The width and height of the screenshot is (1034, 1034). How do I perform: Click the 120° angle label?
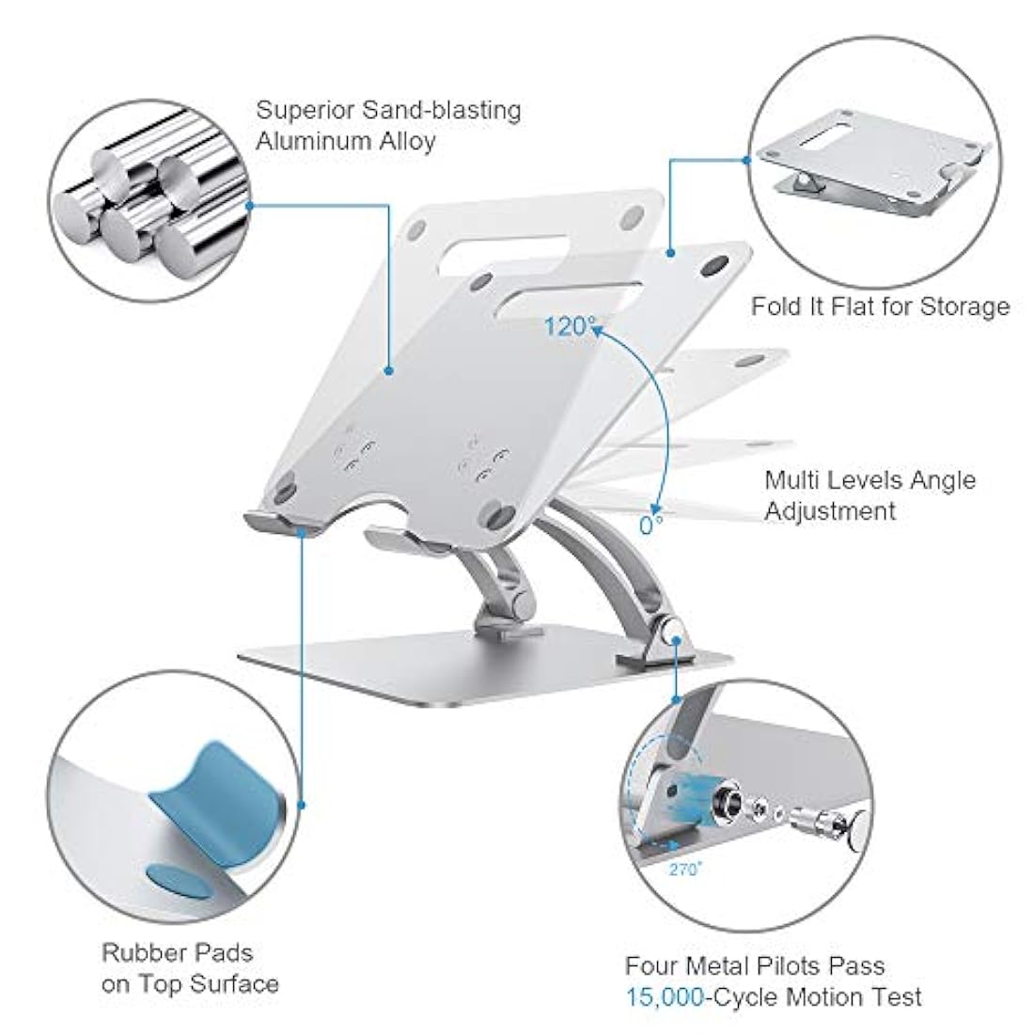(x=571, y=326)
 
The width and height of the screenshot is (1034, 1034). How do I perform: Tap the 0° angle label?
(x=651, y=524)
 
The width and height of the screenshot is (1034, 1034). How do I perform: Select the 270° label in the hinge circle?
(x=685, y=869)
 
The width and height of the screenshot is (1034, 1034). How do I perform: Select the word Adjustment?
(x=829, y=511)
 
